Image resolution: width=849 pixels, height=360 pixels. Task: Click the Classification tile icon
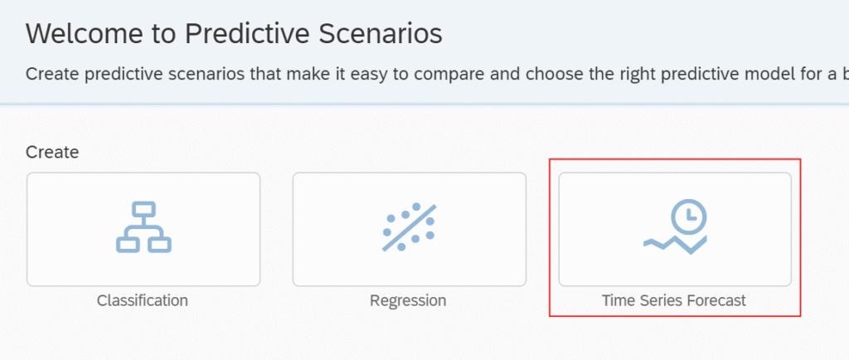pyautogui.click(x=143, y=226)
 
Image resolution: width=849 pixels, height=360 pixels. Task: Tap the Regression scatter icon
pyautogui.click(x=410, y=226)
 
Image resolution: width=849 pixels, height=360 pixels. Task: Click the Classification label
pyautogui.click(x=143, y=300)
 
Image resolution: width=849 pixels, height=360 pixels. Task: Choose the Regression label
pyautogui.click(x=408, y=300)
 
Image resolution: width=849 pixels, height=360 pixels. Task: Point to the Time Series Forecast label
pyautogui.click(x=673, y=300)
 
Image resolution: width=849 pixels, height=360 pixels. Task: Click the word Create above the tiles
pyautogui.click(x=52, y=152)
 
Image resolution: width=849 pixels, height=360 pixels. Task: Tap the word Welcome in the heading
pyautogui.click(x=90, y=34)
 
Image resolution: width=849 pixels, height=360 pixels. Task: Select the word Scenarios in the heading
pyautogui.click(x=380, y=34)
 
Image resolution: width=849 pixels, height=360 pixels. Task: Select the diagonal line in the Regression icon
pyautogui.click(x=410, y=227)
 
